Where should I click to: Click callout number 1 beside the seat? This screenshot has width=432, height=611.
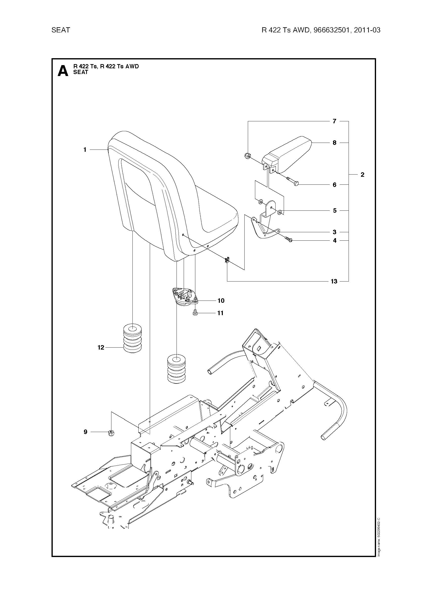(85, 150)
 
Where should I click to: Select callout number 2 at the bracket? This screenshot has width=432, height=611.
(362, 175)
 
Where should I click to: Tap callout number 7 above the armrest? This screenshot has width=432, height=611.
(334, 121)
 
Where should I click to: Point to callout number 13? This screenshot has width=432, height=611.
(334, 281)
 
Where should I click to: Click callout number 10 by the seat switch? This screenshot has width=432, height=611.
(221, 301)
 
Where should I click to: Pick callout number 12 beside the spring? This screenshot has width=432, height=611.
(101, 347)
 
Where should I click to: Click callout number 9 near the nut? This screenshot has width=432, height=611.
(85, 432)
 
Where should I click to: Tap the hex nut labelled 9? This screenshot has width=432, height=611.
(111, 433)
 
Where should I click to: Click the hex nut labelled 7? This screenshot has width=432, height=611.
(247, 155)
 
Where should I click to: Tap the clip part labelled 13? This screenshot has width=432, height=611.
(227, 260)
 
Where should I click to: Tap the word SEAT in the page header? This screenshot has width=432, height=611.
(61, 30)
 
